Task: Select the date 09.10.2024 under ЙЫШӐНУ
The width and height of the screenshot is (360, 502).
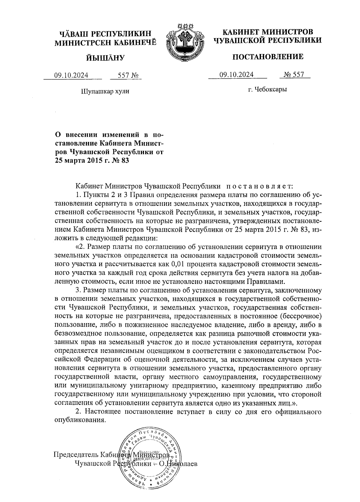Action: click(x=71, y=75)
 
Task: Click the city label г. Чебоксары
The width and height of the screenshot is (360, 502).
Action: click(x=267, y=89)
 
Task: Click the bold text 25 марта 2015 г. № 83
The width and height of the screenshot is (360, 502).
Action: click(x=91, y=161)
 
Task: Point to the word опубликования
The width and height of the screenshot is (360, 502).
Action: click(x=80, y=420)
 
